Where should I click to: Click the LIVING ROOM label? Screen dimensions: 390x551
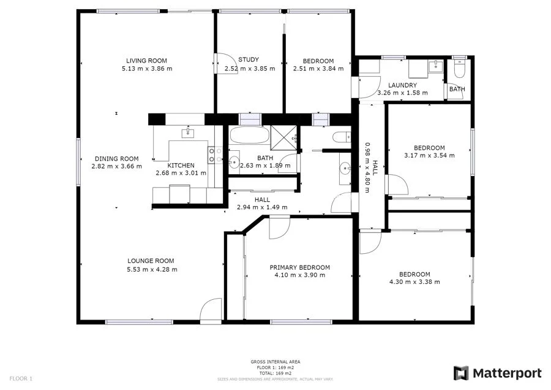(x=146, y=61)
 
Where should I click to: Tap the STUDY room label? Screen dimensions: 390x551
(x=249, y=59)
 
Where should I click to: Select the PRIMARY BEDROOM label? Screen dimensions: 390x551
(x=300, y=267)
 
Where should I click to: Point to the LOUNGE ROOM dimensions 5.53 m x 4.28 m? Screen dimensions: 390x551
(x=146, y=269)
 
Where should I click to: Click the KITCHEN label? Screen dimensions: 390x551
(x=181, y=166)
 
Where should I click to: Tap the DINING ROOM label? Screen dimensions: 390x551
(x=116, y=158)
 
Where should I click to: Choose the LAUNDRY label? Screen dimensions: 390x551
(x=402, y=85)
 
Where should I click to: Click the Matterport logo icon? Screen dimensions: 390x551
(x=461, y=373)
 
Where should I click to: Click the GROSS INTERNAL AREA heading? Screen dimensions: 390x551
(x=275, y=362)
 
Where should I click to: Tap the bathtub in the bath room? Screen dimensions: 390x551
(x=247, y=136)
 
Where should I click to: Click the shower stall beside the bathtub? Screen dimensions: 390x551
(x=285, y=138)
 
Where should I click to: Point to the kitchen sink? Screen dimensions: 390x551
(x=187, y=133)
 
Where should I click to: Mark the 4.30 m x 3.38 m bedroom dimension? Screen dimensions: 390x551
(x=414, y=282)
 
